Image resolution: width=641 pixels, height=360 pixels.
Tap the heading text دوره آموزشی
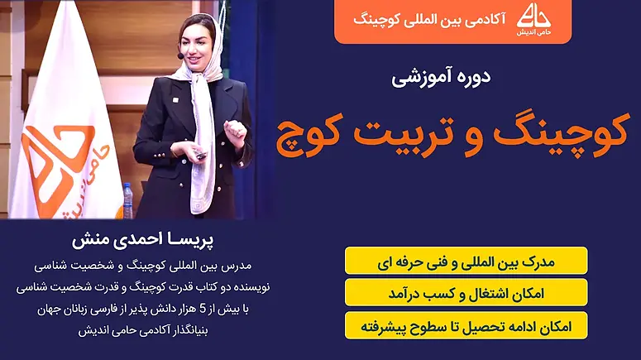pos(441,77)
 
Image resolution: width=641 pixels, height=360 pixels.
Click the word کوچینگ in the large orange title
pos(560,132)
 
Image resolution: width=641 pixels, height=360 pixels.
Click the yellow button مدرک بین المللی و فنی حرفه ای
pos(466,261)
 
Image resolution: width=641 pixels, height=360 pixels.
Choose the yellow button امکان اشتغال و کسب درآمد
pos(466,293)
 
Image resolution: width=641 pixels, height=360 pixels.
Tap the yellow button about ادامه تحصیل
pos(466,326)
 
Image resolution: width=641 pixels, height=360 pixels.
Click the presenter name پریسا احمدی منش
pos(142,240)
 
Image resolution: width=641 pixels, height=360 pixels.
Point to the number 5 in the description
pos(203,310)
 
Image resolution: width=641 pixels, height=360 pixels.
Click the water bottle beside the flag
pos(128,200)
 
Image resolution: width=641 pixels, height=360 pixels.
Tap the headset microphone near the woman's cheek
pos(180,56)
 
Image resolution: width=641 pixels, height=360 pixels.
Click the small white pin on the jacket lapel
pos(175,100)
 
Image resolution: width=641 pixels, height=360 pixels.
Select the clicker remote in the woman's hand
pos(201,156)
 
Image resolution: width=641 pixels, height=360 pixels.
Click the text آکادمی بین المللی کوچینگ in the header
pos(429,20)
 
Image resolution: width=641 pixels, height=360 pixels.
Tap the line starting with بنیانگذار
pos(143,330)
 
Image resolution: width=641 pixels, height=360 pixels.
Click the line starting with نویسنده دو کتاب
pos(143,287)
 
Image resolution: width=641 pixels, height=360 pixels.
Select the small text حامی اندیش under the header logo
pos(533,32)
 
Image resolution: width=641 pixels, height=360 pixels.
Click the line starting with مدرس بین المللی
pos(142,266)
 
